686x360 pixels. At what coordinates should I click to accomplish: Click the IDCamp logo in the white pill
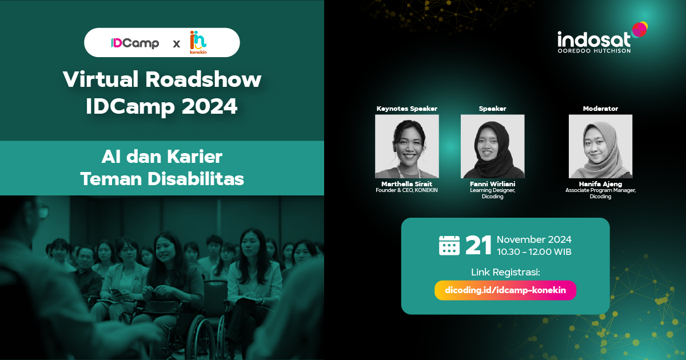135,43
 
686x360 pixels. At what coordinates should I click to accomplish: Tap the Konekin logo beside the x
198,43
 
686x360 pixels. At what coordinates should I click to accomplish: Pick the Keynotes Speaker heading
406,109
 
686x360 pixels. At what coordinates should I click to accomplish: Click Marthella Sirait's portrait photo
406,146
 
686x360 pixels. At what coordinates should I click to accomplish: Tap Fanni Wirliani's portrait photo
492,146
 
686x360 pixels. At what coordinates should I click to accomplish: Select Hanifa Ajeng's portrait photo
600,146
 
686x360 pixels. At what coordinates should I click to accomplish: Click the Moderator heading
600,109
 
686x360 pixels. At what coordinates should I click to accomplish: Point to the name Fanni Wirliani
492,184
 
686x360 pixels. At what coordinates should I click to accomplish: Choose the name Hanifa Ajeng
600,184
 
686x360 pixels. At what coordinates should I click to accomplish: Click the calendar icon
449,245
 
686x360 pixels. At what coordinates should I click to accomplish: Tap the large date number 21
478,245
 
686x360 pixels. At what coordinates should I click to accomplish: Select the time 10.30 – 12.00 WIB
533,252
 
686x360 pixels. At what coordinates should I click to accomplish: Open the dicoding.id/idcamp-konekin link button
505,290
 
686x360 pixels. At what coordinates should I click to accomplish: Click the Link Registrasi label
505,271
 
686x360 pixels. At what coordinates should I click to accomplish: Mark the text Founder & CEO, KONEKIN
406,190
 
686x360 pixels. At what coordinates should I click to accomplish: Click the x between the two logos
176,43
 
